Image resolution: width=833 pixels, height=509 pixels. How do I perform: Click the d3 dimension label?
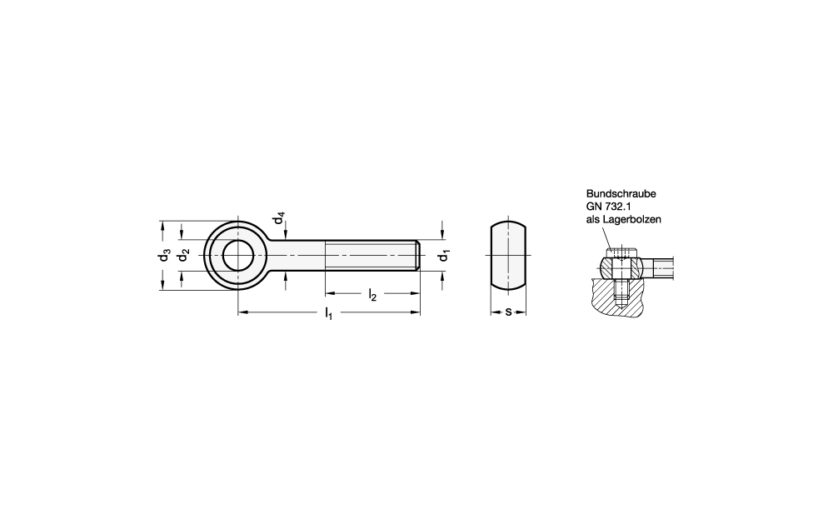pyautogui.click(x=165, y=256)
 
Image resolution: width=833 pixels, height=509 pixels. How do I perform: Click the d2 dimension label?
pyautogui.click(x=184, y=256)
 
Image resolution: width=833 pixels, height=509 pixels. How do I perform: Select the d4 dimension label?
pyautogui.click(x=279, y=217)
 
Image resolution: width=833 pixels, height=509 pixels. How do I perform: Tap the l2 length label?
pyautogui.click(x=372, y=295)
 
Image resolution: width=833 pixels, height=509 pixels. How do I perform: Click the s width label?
pyautogui.click(x=508, y=312)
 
